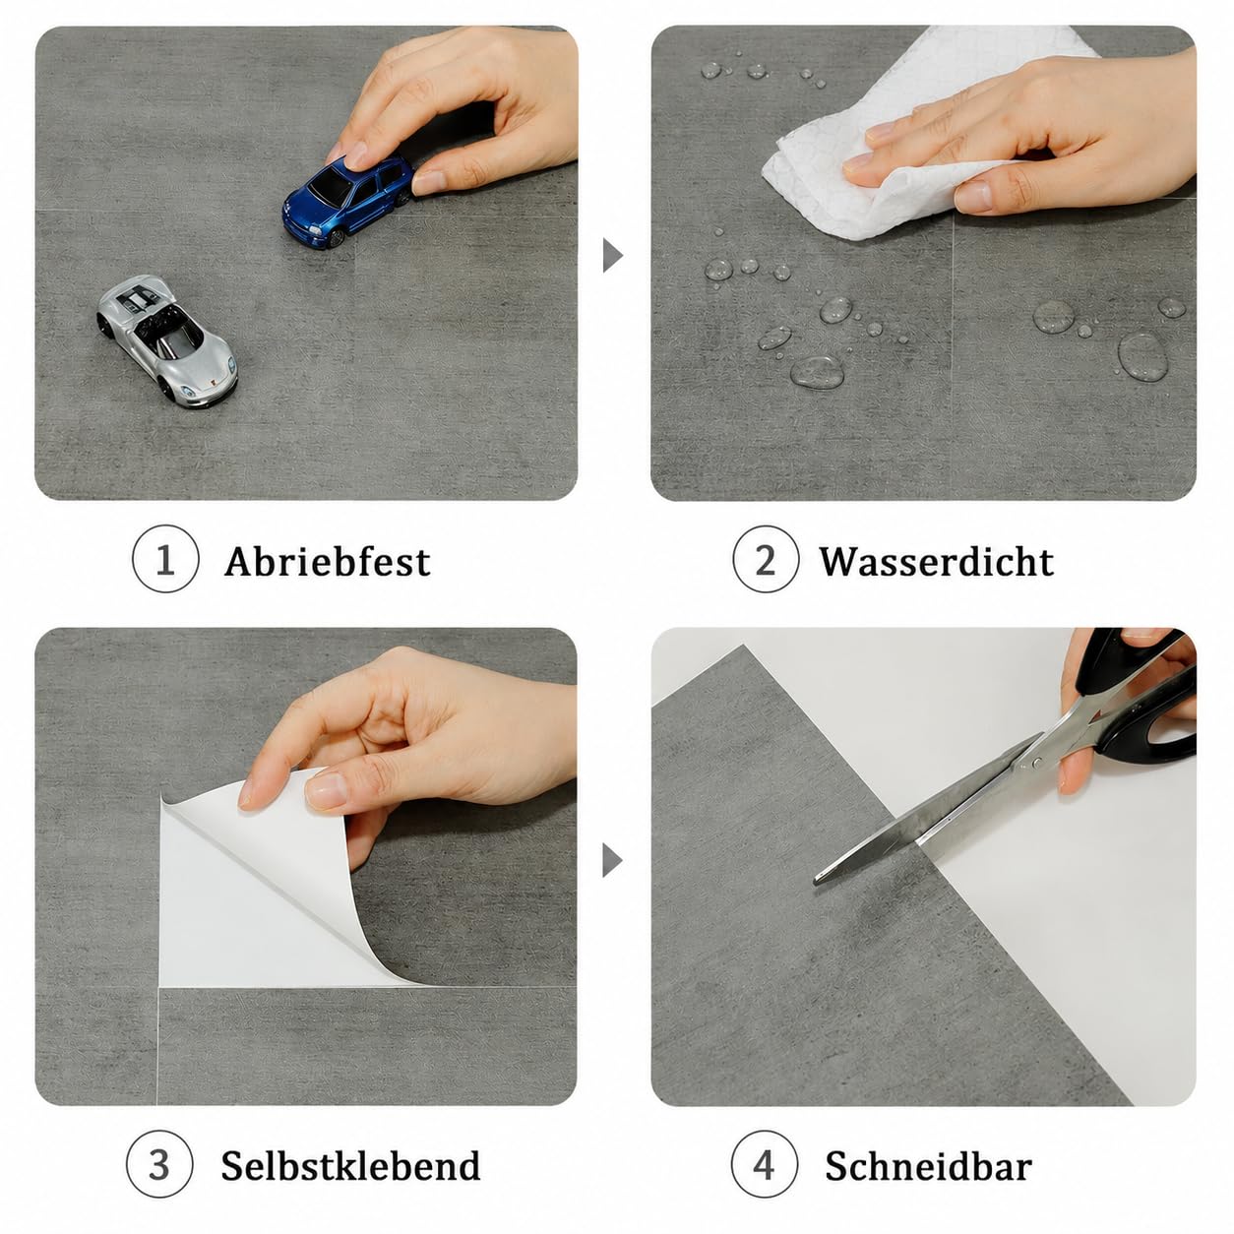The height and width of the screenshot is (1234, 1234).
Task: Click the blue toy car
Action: click(x=346, y=201)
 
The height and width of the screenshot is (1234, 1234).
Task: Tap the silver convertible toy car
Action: click(x=167, y=340)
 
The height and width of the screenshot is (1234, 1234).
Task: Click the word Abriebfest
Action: click(x=328, y=562)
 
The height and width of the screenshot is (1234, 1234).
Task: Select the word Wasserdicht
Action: click(x=936, y=562)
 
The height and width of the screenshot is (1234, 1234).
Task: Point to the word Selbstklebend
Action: click(x=350, y=1165)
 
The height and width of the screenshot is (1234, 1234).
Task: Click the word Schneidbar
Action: click(x=928, y=1165)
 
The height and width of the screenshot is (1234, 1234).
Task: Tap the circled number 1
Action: click(x=165, y=559)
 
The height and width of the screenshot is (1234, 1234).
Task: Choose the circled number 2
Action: click(x=766, y=559)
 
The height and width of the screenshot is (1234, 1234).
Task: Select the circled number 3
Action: click(x=159, y=1163)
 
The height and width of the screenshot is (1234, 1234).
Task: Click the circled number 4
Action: click(x=765, y=1163)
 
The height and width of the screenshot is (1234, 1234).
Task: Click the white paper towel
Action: click(x=896, y=148)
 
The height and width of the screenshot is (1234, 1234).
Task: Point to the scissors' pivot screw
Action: click(x=1037, y=762)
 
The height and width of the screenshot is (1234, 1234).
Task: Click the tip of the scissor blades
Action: click(x=817, y=881)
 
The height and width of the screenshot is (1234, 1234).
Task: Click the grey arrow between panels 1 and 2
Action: click(x=612, y=256)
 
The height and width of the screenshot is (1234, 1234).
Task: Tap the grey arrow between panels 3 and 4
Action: click(x=612, y=860)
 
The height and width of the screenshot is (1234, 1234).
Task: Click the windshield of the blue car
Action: click(x=330, y=186)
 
